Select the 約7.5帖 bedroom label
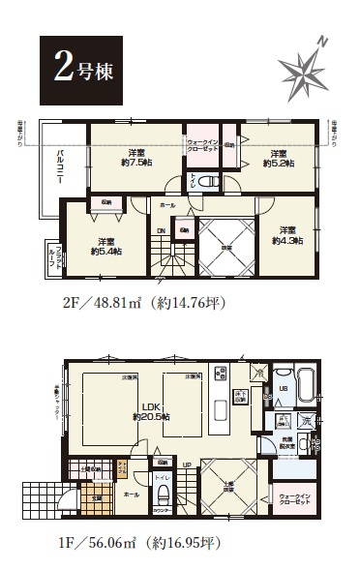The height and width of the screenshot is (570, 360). point(135,157)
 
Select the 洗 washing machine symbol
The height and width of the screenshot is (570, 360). point(306,421)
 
